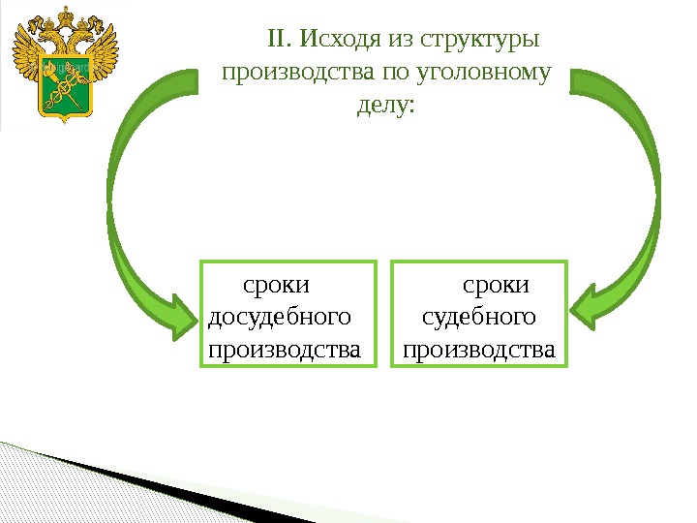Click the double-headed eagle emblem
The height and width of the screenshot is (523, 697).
(66, 66)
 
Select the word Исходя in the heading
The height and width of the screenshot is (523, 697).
(340, 40)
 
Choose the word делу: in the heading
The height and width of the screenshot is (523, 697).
(385, 104)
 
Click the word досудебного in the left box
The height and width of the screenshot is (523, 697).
(280, 317)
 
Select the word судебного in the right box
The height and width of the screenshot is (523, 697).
(480, 317)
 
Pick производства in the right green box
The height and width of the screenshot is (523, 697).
(479, 348)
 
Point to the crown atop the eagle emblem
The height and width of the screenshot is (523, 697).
(66, 18)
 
